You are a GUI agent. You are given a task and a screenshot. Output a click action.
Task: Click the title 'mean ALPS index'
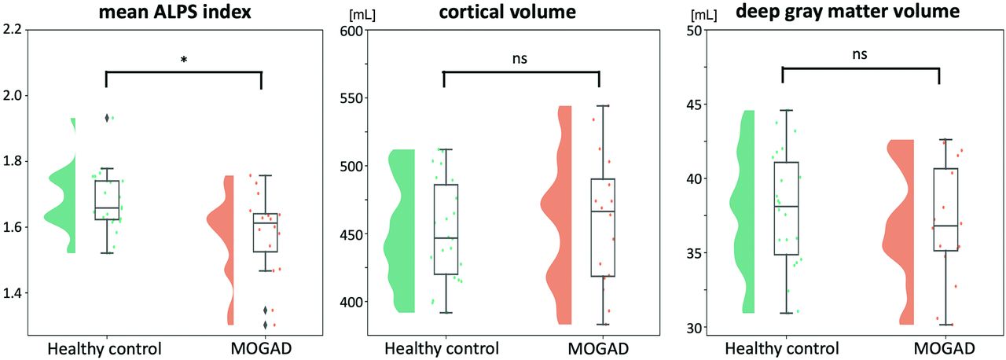183,13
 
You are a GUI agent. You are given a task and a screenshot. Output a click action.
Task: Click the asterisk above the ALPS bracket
183,60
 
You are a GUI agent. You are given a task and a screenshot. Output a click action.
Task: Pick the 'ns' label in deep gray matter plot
861,55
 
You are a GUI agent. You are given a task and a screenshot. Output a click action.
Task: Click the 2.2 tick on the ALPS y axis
15,30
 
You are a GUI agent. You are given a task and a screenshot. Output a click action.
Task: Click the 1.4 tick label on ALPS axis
15,293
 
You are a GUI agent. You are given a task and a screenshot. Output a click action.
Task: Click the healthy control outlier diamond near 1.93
106,118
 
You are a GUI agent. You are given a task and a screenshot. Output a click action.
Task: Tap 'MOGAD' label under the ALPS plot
260,348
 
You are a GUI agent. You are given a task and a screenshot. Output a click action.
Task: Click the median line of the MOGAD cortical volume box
602,211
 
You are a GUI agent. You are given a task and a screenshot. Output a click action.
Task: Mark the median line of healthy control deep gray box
787,206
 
